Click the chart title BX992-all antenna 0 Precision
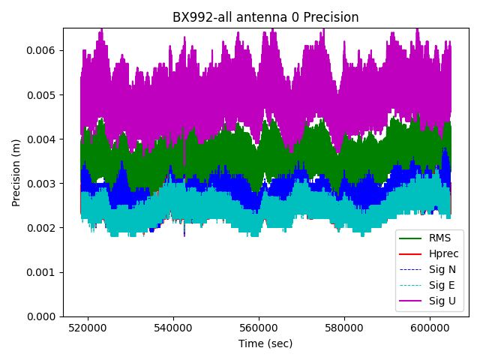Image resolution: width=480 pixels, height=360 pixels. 265,17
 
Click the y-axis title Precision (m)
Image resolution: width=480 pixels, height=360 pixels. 16,172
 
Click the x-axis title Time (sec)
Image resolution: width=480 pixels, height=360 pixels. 265,343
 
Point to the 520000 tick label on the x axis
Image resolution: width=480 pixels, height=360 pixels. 88,328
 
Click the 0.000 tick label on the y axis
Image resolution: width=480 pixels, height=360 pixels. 43,316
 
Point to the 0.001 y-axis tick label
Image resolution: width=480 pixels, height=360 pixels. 43,272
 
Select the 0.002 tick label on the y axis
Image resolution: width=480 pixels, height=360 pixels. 43,228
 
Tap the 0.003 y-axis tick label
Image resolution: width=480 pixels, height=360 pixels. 43,184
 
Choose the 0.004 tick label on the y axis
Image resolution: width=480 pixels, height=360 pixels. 43,139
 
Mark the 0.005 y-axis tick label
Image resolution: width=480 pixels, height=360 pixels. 43,95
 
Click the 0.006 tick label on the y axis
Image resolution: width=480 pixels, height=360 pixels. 43,51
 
